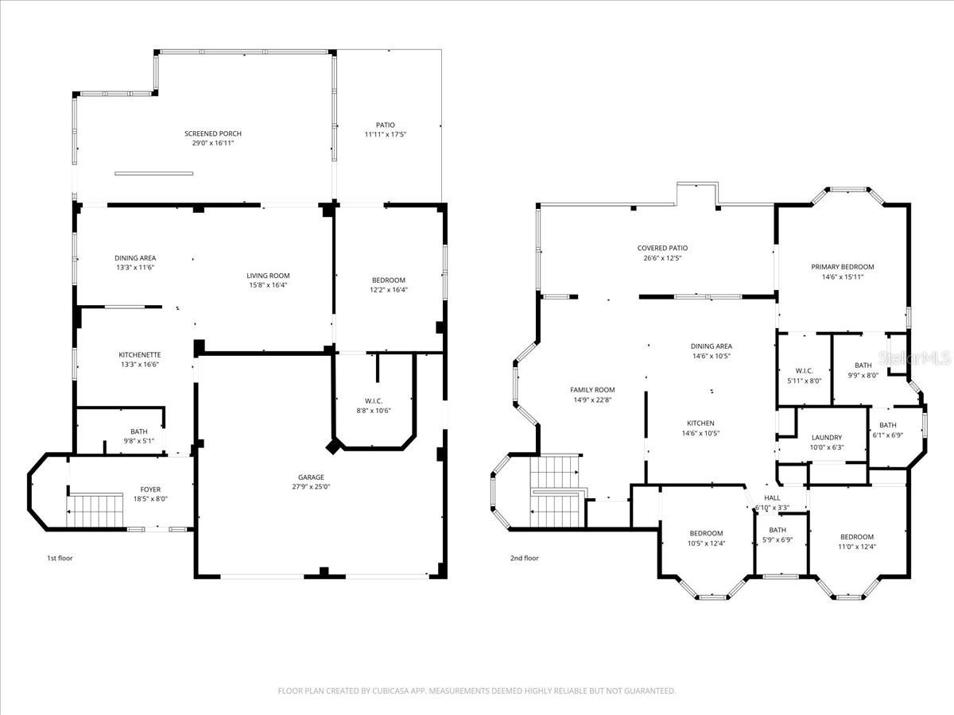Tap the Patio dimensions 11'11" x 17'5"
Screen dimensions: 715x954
(385, 135)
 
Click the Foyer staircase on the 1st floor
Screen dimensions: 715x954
(96, 509)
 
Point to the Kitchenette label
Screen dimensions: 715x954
(140, 354)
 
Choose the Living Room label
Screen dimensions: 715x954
(268, 276)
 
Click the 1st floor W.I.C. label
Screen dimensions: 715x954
(373, 400)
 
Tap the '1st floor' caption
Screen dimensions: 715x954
(60, 558)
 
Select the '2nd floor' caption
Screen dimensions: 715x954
(524, 558)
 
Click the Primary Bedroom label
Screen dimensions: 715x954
(842, 267)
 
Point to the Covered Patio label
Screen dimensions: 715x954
(662, 248)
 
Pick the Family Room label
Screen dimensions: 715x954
(592, 389)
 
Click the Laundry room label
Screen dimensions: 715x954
(827, 438)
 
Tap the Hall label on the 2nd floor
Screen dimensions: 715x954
(772, 497)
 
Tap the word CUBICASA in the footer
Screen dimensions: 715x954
(391, 691)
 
